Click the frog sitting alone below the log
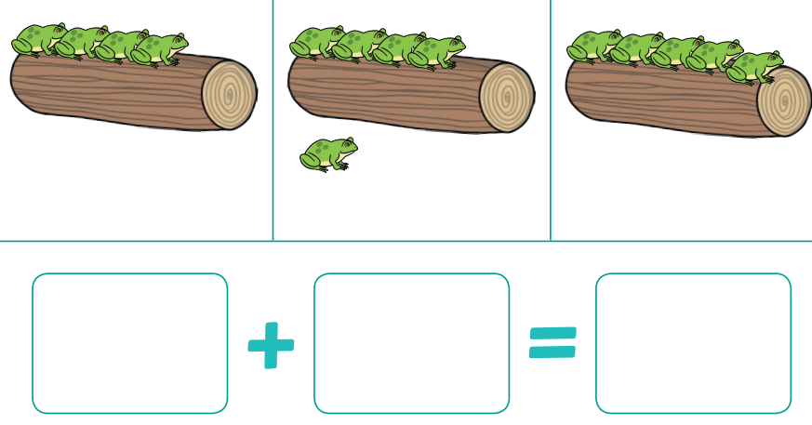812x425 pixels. point(328,154)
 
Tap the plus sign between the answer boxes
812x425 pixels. point(271,345)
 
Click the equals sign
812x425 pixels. point(552,342)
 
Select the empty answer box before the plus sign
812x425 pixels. point(130,343)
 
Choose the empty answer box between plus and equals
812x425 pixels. point(412,343)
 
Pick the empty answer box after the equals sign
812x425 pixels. point(694,343)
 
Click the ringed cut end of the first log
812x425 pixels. point(230,95)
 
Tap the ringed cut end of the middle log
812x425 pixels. point(507,98)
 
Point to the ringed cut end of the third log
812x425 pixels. point(784,101)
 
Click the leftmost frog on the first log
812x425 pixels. point(36,39)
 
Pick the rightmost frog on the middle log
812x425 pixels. point(436,52)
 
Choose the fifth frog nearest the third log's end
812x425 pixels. point(754,67)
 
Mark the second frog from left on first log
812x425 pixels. point(79,43)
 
